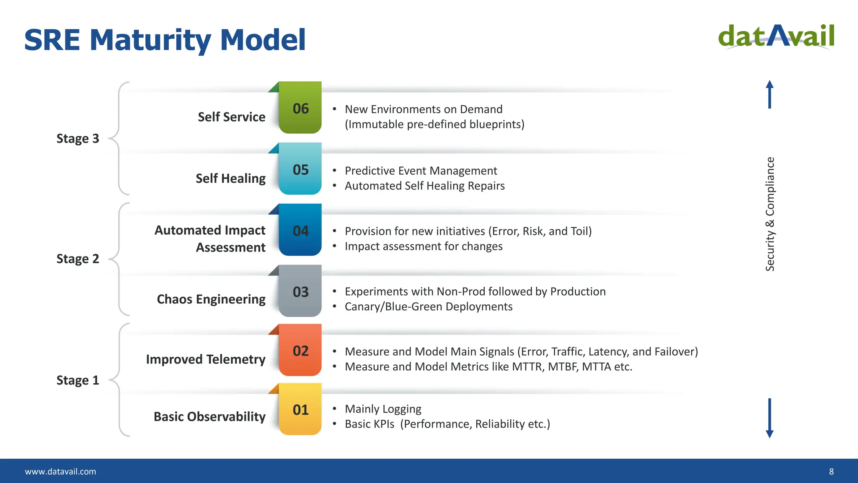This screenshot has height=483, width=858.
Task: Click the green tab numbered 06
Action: coord(300,108)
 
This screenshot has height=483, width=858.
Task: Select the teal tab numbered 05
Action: coord(300,169)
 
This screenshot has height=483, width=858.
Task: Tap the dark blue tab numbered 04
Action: coord(300,230)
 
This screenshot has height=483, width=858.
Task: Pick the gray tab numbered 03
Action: coord(300,291)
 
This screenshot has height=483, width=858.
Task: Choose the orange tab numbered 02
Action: coord(300,351)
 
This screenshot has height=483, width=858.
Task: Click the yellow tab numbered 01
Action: coord(300,410)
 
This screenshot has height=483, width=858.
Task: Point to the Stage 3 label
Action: coord(78,138)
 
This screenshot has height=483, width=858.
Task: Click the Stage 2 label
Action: coord(78,259)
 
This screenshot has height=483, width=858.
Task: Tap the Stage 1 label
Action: coord(78,380)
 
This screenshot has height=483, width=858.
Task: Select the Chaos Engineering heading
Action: coord(211,299)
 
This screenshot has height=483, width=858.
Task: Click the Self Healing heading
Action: coord(230,178)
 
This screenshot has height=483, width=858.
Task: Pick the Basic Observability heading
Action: coord(209,416)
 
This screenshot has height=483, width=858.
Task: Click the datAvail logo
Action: coord(776,37)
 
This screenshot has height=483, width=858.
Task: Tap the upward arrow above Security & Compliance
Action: coord(770,94)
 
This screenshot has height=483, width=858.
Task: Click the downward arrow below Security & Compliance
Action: coord(770,418)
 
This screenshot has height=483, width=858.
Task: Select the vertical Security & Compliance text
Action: coord(770,214)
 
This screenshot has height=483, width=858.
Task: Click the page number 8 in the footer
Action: coord(832,471)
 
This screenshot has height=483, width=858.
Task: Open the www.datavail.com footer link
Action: coord(60,471)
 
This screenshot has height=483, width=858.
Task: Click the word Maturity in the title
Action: coord(150,41)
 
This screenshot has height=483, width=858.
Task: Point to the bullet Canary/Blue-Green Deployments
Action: coord(428,306)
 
